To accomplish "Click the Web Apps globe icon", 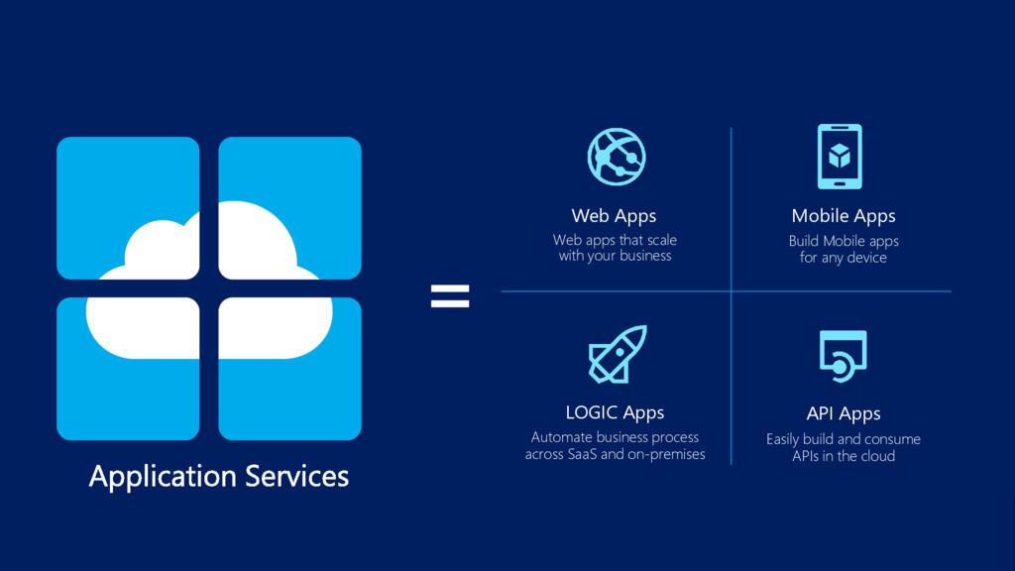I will [x=617, y=156].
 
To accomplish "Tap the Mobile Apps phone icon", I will [x=840, y=156].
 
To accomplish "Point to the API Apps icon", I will [x=843, y=355].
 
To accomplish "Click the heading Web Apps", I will [x=614, y=215].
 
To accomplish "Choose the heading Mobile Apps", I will [x=844, y=215].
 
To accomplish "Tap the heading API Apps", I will [x=844, y=413].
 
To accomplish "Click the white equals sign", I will [x=450, y=295].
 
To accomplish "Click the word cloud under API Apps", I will [x=876, y=456].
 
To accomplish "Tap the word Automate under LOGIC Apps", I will [x=561, y=437].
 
